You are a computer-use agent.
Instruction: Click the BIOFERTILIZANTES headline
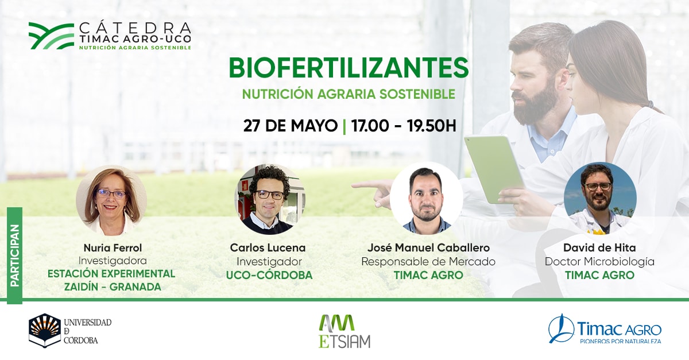tap(349, 68)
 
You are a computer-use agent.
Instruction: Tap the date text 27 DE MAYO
tap(291, 126)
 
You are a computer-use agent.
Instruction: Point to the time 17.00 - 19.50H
tap(404, 126)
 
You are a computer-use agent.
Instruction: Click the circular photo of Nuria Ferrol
tap(111, 200)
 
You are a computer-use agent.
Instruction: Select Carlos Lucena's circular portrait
tap(270, 199)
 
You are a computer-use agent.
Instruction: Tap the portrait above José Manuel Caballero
tap(427, 199)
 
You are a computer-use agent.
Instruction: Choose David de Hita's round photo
tap(600, 199)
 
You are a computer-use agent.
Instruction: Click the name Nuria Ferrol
tap(113, 247)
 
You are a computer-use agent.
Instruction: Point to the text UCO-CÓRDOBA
tap(269, 275)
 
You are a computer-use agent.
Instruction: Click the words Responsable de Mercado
tap(428, 262)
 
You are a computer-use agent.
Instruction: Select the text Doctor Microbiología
tap(599, 262)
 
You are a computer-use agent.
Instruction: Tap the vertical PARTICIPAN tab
tap(15, 256)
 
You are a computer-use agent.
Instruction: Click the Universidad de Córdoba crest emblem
tap(45, 331)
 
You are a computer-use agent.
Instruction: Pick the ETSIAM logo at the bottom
tap(344, 331)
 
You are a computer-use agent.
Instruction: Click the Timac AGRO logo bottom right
tap(605, 329)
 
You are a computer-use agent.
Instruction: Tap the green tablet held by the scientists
tap(494, 169)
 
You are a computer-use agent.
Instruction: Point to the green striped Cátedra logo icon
tap(51, 36)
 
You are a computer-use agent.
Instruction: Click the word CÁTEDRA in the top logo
tap(135, 28)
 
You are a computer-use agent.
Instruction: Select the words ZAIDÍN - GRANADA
tap(113, 287)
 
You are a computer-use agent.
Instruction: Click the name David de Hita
tap(599, 247)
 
